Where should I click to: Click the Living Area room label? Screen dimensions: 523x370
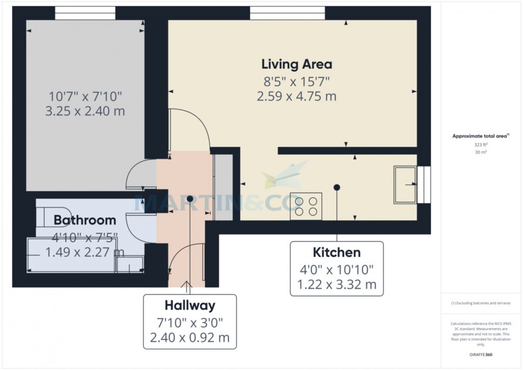click(x=296, y=65)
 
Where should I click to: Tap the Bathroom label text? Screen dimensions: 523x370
click(x=85, y=220)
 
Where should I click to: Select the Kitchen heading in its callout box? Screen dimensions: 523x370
click(x=336, y=253)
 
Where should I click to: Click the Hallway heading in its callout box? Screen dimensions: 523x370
click(x=190, y=306)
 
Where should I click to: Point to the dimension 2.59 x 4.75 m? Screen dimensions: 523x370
click(x=296, y=96)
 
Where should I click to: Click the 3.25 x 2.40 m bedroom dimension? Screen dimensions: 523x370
click(x=85, y=111)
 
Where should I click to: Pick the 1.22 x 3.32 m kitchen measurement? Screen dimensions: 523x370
click(x=336, y=284)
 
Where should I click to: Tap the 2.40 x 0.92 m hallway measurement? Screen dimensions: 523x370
click(x=190, y=338)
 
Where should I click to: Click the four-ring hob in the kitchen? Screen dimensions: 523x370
click(x=306, y=206)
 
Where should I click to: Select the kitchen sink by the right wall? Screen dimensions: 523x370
click(x=405, y=185)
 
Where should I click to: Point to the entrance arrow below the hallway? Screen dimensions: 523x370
click(x=187, y=287)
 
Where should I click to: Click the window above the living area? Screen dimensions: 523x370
click(x=287, y=13)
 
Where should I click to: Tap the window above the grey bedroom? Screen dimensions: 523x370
click(x=85, y=13)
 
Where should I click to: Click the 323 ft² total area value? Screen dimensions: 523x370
click(x=481, y=145)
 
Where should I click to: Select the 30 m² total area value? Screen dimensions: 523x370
click(x=481, y=152)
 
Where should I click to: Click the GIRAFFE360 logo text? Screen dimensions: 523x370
click(x=481, y=355)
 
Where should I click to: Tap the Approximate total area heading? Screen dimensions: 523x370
click(x=481, y=136)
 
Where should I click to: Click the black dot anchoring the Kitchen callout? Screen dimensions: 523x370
click(x=336, y=187)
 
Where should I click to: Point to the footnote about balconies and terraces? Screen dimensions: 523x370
click(x=481, y=303)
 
